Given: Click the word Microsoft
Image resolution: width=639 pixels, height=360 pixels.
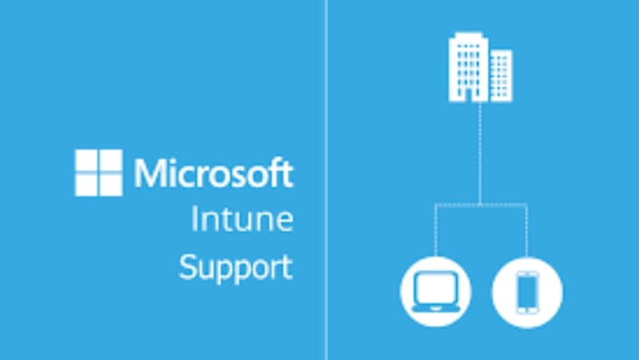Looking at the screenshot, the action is coord(213,173).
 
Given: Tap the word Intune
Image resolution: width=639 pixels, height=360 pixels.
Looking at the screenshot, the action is coord(242,221).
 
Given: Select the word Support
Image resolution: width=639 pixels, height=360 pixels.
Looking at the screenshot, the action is coord(236,267).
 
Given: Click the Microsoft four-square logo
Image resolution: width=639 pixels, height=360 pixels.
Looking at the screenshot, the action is coord(99,172).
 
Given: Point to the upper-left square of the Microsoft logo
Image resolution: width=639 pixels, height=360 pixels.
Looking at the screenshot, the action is coord(86,161).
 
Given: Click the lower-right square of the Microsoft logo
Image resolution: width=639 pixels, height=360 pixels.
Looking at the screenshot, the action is coord(111,184).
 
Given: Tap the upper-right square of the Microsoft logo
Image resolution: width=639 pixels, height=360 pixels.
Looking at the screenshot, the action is coord(111,161).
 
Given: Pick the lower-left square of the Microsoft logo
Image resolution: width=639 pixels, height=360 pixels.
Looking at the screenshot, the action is coord(86,184).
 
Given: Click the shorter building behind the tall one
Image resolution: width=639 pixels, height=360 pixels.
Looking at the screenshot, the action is coord(501,75).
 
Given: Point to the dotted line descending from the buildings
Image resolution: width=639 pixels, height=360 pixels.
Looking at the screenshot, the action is coord(480,150).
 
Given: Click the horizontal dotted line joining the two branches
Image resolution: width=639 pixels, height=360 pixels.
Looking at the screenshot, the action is coord(480,204).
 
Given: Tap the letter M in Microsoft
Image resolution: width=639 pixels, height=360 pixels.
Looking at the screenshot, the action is coord(148,173).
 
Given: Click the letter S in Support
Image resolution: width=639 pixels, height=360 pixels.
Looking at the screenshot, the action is coord(188,267).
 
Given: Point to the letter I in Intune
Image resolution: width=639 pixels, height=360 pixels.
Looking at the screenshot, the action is coord(195,221).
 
